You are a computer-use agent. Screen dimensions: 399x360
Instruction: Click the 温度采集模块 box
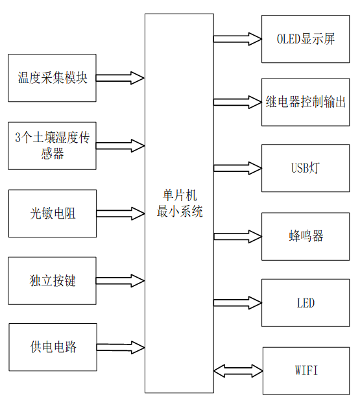point(52,78)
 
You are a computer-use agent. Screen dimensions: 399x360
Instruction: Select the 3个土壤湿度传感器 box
point(52,145)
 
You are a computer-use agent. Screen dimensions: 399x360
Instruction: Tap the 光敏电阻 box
point(52,213)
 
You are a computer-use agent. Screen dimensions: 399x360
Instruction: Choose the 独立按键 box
point(52,280)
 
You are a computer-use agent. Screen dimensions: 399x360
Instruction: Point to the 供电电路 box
point(52,347)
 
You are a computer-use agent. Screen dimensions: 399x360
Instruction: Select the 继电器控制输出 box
point(306,102)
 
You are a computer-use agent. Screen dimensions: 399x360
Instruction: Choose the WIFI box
point(306,370)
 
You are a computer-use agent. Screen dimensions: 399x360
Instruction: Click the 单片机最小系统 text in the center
point(179,203)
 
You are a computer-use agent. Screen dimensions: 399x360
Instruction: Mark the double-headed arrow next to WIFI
point(237,370)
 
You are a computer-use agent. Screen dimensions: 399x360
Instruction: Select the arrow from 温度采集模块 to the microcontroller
point(120,78)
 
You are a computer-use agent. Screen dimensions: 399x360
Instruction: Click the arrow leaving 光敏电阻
point(120,213)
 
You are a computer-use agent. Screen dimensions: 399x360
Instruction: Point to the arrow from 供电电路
point(120,347)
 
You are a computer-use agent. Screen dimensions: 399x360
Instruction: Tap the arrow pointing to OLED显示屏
point(237,39)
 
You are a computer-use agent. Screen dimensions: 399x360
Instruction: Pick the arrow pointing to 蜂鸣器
point(237,236)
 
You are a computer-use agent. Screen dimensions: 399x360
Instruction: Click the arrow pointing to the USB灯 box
point(237,169)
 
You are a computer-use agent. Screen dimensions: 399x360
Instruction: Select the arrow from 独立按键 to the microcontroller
point(120,280)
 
